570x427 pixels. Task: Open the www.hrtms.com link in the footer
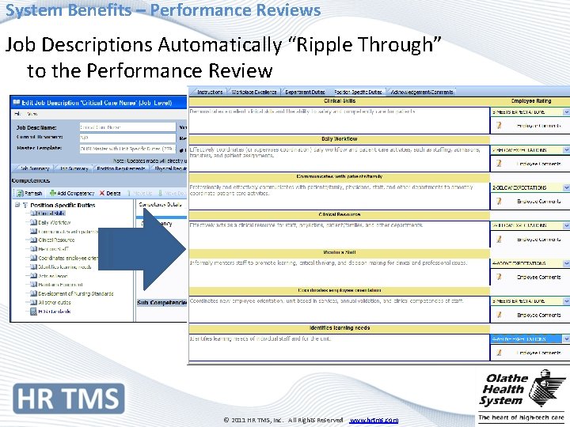374,420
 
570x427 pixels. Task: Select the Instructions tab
209,93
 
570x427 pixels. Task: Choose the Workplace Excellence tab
253,93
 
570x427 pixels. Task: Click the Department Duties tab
305,93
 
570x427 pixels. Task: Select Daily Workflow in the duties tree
55,222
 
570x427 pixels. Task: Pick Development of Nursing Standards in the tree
75,293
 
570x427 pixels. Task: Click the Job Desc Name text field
127,127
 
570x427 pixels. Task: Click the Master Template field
127,147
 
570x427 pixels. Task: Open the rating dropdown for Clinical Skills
530,111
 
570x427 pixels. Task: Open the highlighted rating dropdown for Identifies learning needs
530,338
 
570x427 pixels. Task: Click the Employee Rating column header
530,101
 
